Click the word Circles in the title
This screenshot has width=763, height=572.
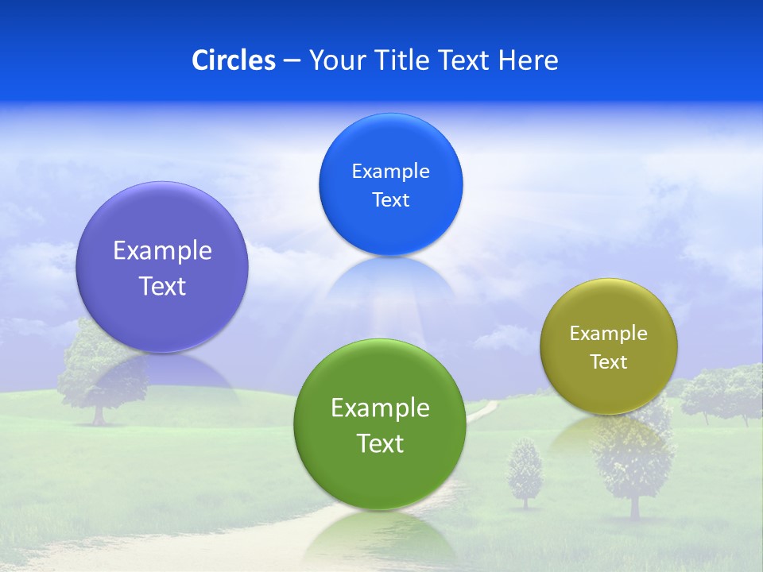pyautogui.click(x=233, y=60)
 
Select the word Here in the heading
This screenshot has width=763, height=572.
pyautogui.click(x=529, y=60)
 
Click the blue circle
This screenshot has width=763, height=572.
pyautogui.click(x=390, y=184)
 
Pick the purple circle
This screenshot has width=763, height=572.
pyautogui.click(x=162, y=267)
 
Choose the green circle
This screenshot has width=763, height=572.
pyautogui.click(x=380, y=424)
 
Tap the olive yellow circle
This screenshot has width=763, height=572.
pyautogui.click(x=609, y=346)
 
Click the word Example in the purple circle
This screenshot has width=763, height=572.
pyautogui.click(x=162, y=251)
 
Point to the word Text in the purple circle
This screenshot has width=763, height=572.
pyautogui.click(x=162, y=286)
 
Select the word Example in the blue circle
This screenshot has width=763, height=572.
pyautogui.click(x=390, y=172)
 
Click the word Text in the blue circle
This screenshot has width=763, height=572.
pyautogui.click(x=390, y=200)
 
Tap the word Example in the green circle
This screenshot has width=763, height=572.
pyautogui.click(x=380, y=408)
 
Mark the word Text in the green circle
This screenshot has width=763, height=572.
pyautogui.click(x=380, y=443)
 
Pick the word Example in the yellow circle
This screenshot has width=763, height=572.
pyautogui.click(x=609, y=334)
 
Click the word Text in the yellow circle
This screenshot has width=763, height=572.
pyautogui.click(x=609, y=362)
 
